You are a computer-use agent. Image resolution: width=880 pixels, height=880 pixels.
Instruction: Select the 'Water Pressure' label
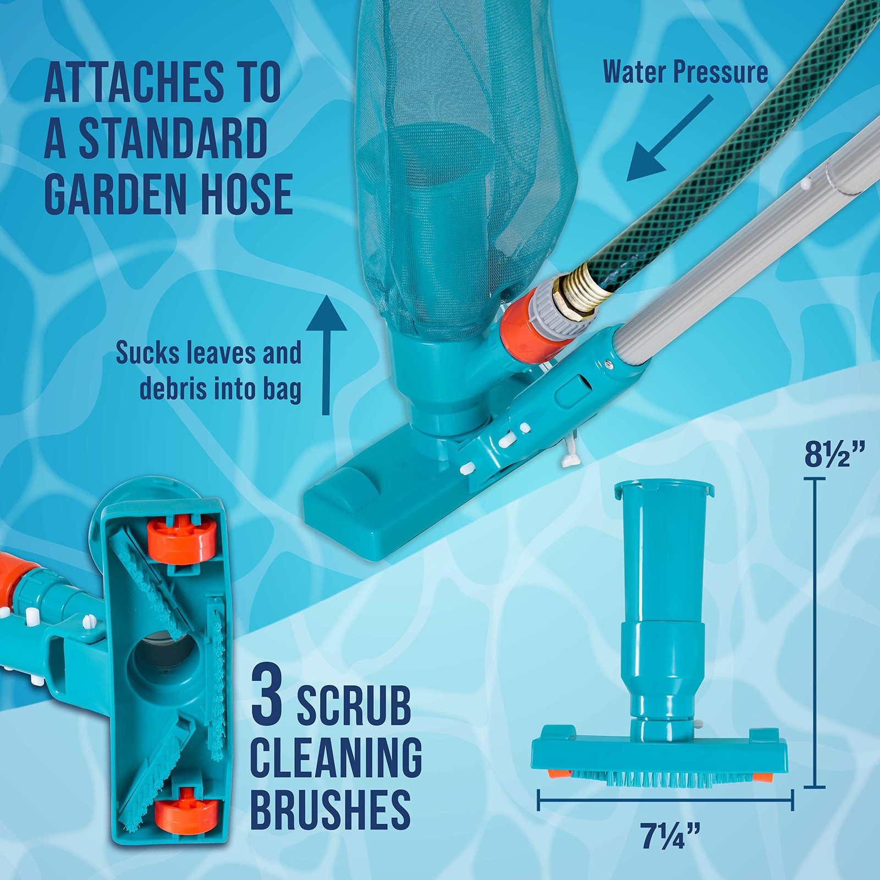click(x=685, y=73)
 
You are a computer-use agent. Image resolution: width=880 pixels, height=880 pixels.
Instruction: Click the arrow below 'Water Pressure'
click(x=669, y=140)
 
